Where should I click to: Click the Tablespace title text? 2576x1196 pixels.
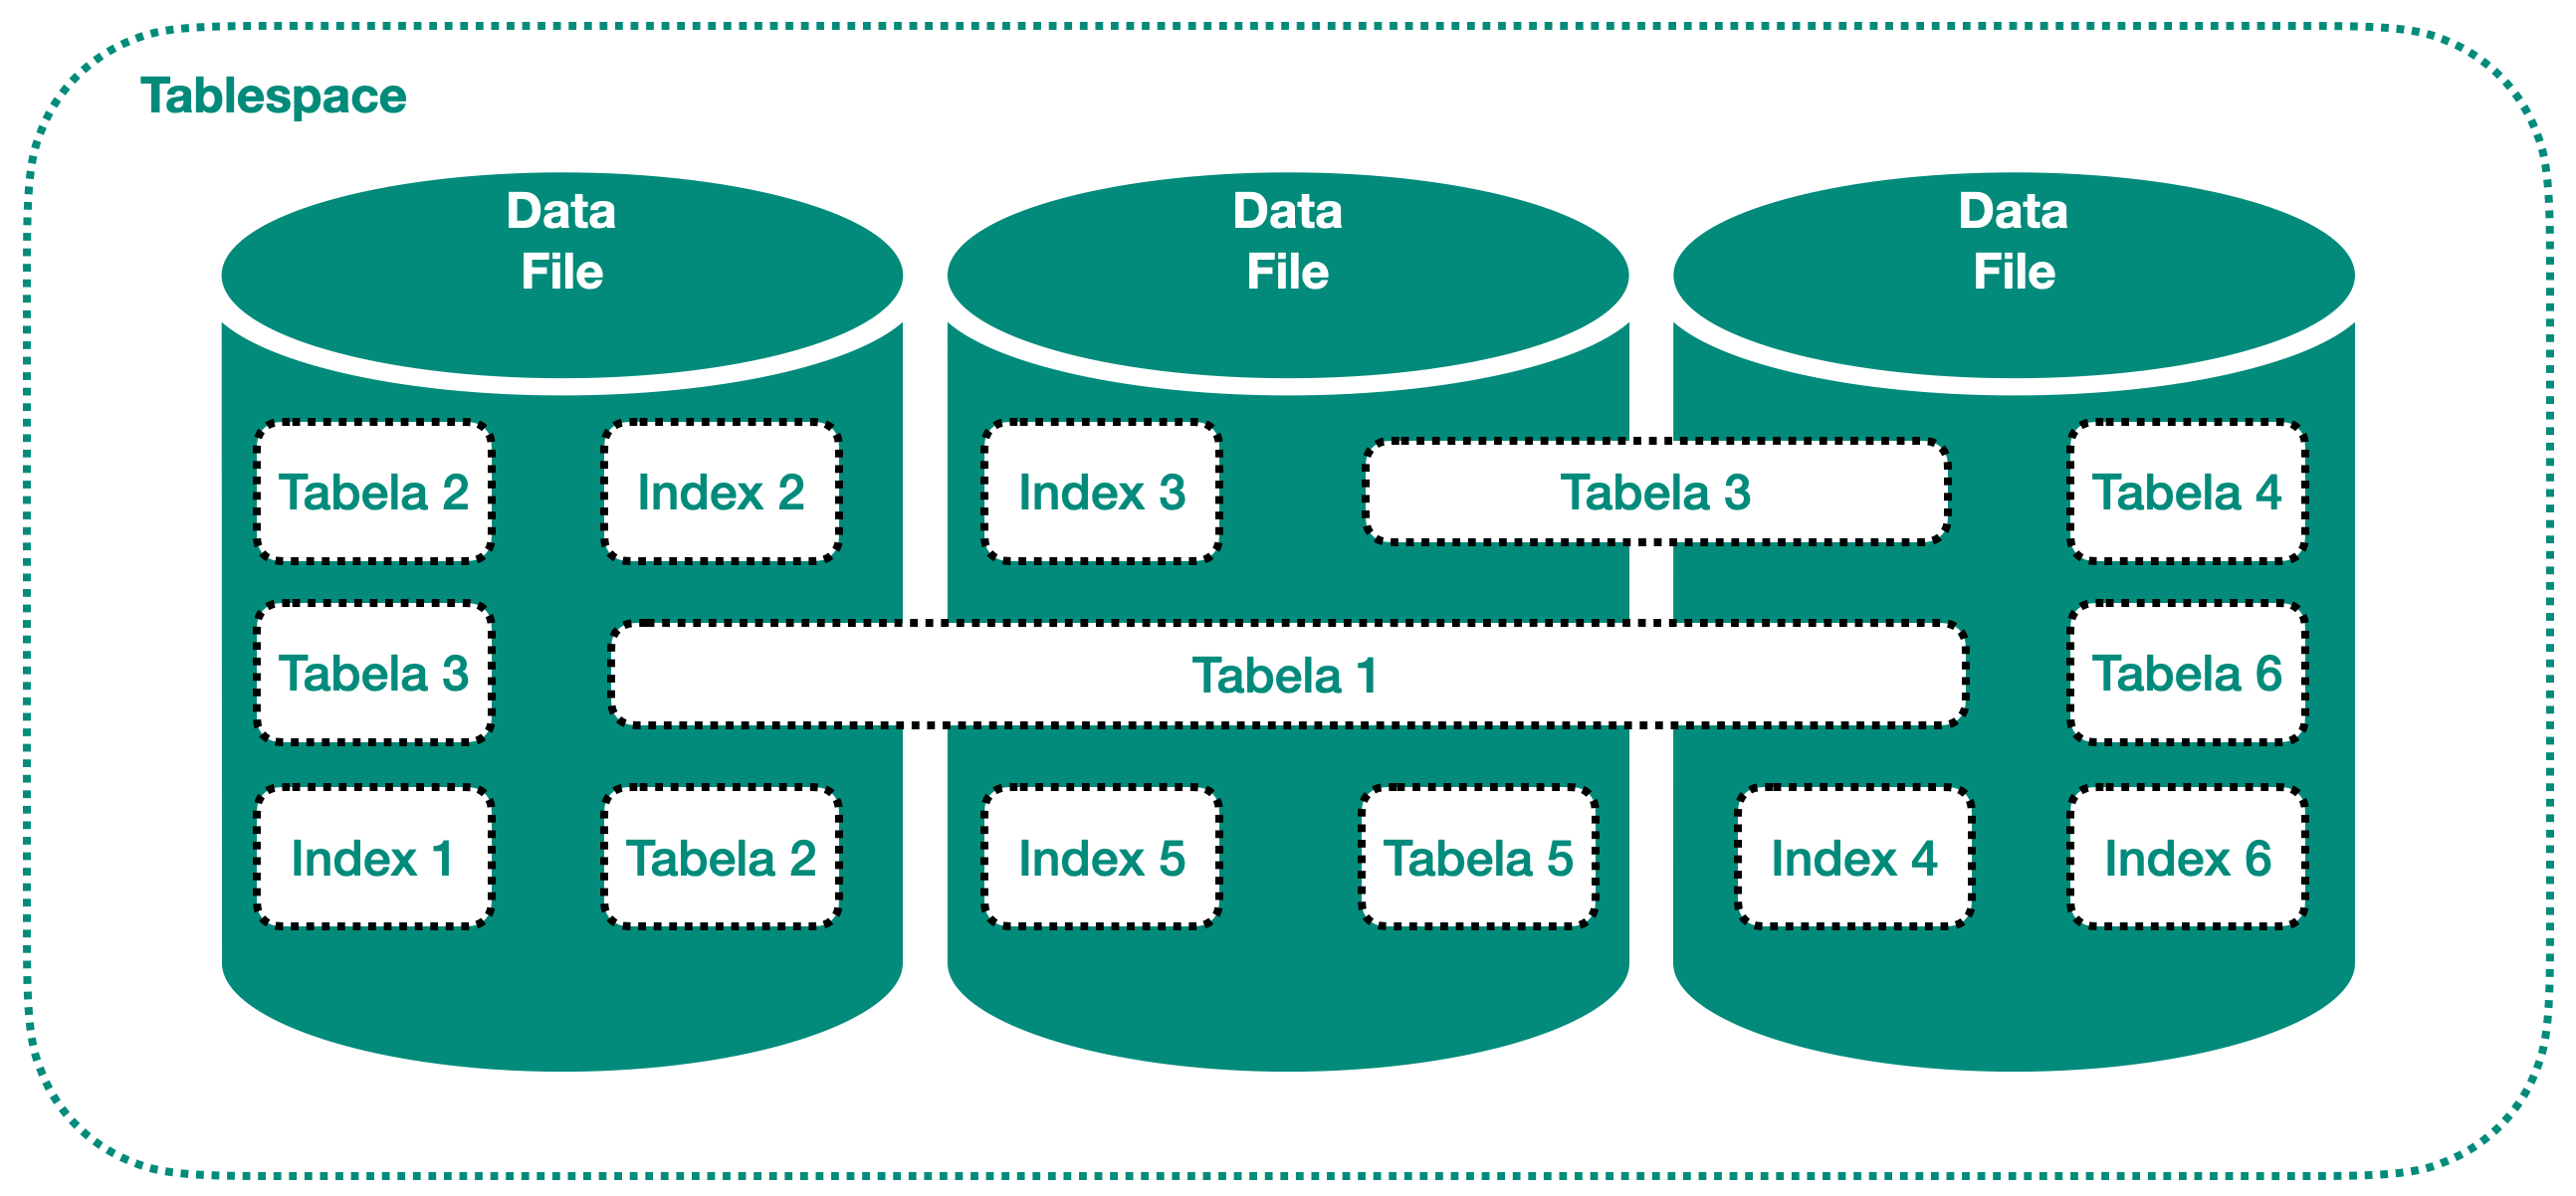click(x=273, y=96)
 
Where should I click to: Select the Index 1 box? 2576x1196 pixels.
click(x=374, y=858)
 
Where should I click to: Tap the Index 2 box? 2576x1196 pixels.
click(x=721, y=492)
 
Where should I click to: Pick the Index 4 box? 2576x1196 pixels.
click(x=1854, y=858)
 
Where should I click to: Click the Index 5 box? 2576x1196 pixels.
click(x=1101, y=858)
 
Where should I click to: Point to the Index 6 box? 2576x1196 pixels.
click(x=2187, y=858)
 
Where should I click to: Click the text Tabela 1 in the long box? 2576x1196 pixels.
click(x=1285, y=675)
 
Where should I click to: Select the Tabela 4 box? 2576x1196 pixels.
click(x=2187, y=492)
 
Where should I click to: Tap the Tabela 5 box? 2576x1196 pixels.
click(x=1478, y=858)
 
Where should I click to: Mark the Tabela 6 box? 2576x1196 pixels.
click(x=2187, y=673)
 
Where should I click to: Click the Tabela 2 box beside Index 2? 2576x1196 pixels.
click(x=374, y=492)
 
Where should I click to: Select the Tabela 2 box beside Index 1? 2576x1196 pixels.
click(x=721, y=858)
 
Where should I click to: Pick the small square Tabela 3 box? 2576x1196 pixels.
click(x=374, y=673)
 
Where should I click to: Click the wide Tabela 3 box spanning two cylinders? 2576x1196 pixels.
click(x=1655, y=492)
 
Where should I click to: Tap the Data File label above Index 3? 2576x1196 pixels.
click(x=1287, y=241)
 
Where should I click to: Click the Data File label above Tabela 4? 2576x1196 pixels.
click(x=2013, y=241)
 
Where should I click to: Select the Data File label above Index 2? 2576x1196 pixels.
click(x=561, y=241)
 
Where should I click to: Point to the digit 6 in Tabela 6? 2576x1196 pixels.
click(x=2268, y=673)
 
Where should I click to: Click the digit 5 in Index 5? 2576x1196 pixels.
click(x=1172, y=858)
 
